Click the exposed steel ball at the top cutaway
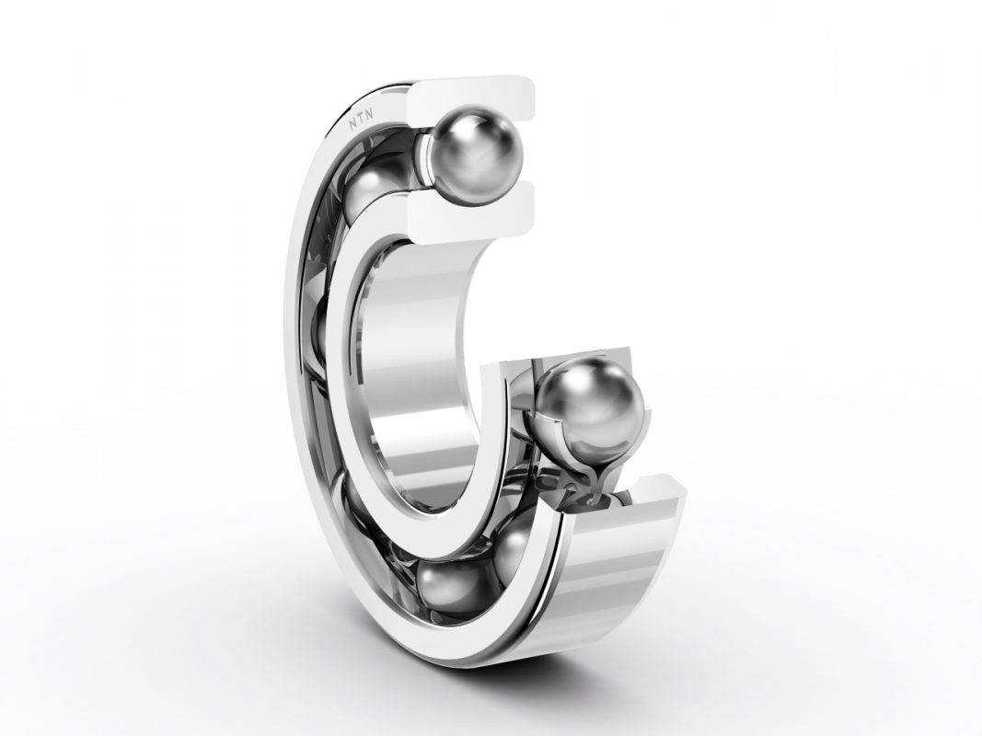tap(476, 157)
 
